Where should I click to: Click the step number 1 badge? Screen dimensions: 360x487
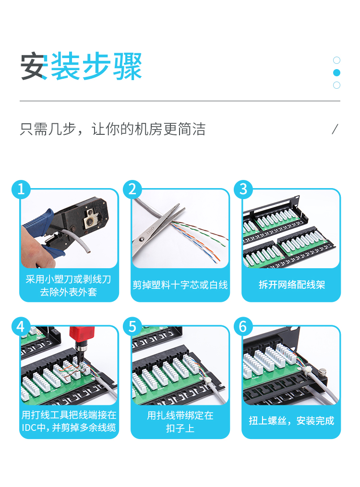click(x=21, y=189)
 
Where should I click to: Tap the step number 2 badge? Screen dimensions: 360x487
click(x=132, y=189)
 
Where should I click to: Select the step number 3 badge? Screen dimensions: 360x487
click(x=243, y=189)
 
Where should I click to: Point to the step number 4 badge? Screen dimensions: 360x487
click(x=21, y=326)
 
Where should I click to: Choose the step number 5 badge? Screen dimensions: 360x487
click(x=132, y=326)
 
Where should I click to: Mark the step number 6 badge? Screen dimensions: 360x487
click(x=243, y=326)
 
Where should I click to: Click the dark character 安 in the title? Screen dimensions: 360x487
click(x=34, y=66)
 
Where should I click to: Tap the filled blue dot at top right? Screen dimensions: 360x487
click(x=336, y=72)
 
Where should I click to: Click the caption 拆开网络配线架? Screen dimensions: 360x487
click(x=292, y=285)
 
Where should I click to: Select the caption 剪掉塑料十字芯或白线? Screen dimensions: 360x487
click(x=180, y=285)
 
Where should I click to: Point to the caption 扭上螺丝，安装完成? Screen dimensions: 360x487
click(x=291, y=421)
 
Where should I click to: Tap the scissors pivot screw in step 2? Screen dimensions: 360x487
click(x=142, y=239)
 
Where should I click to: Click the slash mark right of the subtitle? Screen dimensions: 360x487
click(x=335, y=129)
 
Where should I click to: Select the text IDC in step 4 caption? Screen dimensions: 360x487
click(x=29, y=428)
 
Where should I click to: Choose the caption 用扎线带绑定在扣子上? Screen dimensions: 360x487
click(x=180, y=421)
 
